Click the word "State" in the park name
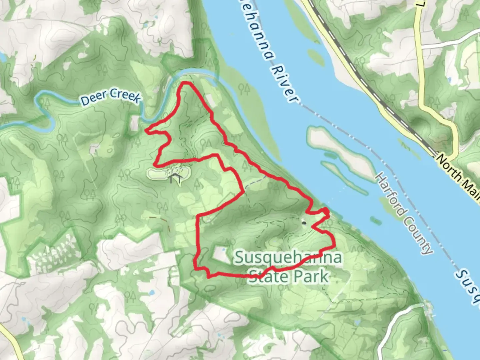coord(270,276)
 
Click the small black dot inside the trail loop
coord(304,222)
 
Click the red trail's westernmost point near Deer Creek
coord(146,130)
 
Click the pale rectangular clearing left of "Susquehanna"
coord(220,253)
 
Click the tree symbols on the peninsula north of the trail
coord(244,88)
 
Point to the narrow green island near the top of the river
coord(315,57)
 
